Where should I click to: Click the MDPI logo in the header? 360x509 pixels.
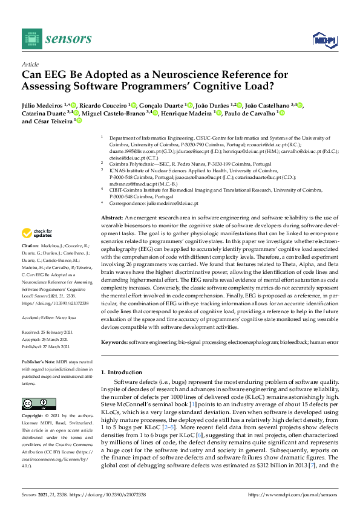(x=325, y=40)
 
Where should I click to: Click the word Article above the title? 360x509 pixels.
(x=30, y=64)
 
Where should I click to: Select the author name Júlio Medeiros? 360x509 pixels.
(x=42, y=105)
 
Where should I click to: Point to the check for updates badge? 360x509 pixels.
(x=37, y=233)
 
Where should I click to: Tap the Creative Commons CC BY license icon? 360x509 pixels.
(x=38, y=404)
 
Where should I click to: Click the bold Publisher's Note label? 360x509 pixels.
(x=39, y=361)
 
